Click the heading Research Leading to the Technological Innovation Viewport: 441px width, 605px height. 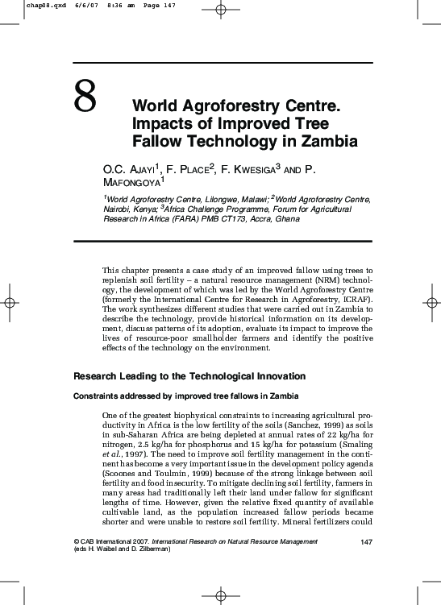(x=189, y=376)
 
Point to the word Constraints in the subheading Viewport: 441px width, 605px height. (x=97, y=396)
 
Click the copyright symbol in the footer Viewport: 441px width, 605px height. (x=76, y=541)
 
